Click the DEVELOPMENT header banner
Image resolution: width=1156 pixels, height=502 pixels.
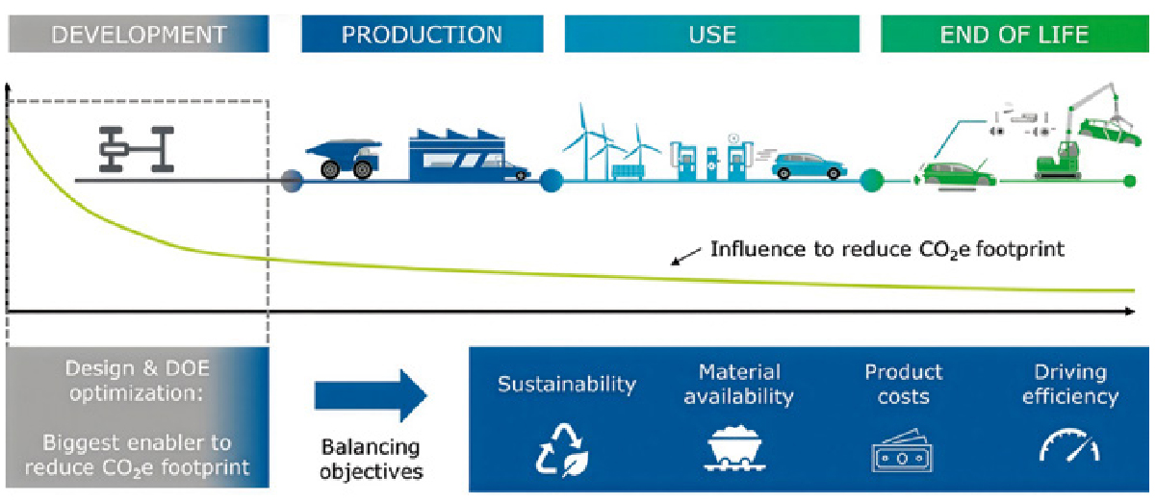click(x=139, y=36)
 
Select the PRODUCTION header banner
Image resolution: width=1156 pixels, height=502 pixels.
click(x=422, y=36)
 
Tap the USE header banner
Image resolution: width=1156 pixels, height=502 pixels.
click(x=712, y=36)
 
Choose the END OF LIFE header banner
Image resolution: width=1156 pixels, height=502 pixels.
click(x=1014, y=36)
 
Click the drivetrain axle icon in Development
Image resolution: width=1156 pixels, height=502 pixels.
click(x=136, y=150)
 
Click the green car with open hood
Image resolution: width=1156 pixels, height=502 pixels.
click(x=948, y=169)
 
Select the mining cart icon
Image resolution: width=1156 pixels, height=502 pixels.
click(x=732, y=447)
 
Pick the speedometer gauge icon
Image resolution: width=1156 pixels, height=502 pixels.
click(x=1069, y=445)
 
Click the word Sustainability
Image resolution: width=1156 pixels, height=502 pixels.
click(x=566, y=385)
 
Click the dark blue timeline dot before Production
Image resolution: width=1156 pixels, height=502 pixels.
click(x=292, y=180)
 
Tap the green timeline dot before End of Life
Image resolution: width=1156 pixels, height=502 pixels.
click(x=871, y=180)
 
